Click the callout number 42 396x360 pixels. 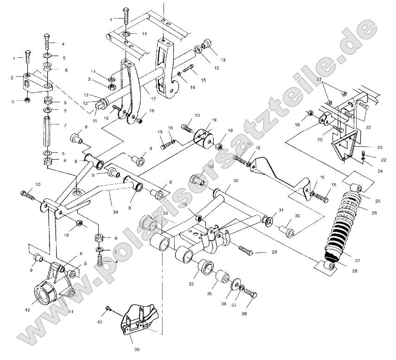tap(28, 310)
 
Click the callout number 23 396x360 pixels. tap(379, 147)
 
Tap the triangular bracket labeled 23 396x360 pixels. tap(345, 145)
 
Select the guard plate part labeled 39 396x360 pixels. tap(139, 319)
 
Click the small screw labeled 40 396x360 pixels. tap(108, 308)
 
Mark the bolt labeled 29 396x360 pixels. tap(246, 250)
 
